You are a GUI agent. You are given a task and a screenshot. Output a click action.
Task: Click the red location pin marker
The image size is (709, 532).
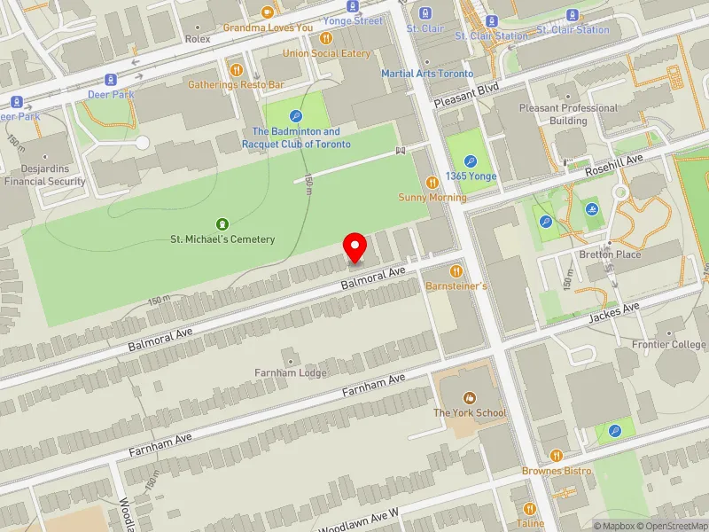pyautogui.click(x=355, y=246)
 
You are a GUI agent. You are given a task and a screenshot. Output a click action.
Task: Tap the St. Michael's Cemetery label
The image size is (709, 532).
pyautogui.click(x=222, y=239)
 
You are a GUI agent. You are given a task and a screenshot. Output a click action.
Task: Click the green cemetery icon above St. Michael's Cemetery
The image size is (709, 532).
pyautogui.click(x=222, y=223)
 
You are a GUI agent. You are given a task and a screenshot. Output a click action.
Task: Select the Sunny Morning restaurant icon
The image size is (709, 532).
pyautogui.click(x=432, y=182)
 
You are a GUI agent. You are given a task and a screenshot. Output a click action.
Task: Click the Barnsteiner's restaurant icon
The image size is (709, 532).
pyautogui.click(x=456, y=271)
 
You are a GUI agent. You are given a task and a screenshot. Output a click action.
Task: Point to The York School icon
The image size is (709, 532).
pyautogui.click(x=469, y=398)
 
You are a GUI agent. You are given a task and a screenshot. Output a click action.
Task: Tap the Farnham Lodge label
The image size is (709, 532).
pyautogui.click(x=291, y=372)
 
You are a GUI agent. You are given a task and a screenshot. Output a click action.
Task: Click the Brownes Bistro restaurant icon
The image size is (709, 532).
pyautogui.click(x=556, y=456)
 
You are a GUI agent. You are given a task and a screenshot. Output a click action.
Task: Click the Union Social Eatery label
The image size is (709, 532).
pyautogui.click(x=326, y=53)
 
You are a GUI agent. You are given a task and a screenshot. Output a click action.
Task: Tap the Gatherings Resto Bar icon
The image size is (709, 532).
pyautogui.click(x=236, y=70)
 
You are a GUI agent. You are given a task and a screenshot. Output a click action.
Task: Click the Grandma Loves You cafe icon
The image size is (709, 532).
pyautogui.click(x=268, y=12)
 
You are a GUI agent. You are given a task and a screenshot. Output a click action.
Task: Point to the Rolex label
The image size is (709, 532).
pyautogui.click(x=197, y=40)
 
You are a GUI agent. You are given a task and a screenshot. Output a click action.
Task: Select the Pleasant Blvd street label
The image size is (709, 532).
pyautogui.click(x=467, y=95)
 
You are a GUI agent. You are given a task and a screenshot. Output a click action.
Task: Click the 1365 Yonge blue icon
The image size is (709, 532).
pyautogui.click(x=471, y=161)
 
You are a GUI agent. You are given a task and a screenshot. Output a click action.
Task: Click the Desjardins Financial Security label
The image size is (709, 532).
pyautogui.click(x=45, y=176)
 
